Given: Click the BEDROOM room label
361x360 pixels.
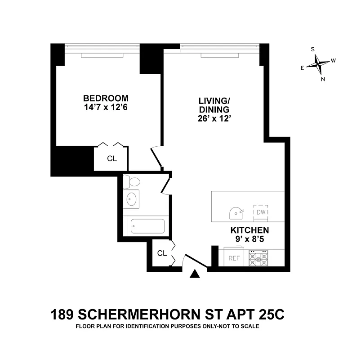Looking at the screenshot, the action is tap(106, 99).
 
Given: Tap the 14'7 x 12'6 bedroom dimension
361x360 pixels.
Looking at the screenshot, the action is tap(106, 108).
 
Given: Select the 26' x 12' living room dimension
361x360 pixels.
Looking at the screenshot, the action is tap(214, 118).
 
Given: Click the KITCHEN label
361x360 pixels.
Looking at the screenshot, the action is tap(250, 230).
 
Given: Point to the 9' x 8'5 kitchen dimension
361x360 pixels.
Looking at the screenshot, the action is tap(250, 239).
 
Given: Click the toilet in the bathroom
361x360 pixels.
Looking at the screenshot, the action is tap(132, 182).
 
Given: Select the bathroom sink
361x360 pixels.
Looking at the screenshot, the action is tap(131, 199).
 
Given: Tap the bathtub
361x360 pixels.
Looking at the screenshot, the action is tap(147, 226).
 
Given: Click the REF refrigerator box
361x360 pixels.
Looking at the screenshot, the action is tap(234, 258).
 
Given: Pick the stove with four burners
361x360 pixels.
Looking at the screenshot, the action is tap(258, 258).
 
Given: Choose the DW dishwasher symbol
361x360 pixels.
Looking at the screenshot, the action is tap(261, 212).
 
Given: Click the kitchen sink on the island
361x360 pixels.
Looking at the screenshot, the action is tap(236, 213).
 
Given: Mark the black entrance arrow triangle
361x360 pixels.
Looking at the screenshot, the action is tap(195, 274).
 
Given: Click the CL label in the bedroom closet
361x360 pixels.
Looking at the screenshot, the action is tap(112, 158).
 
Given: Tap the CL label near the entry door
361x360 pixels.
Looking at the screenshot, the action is tap(162, 253).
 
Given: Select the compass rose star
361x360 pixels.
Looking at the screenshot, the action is tap(318, 64).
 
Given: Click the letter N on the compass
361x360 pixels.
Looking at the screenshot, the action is tap(323, 79).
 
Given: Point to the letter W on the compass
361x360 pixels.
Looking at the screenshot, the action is tap(333, 61).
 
